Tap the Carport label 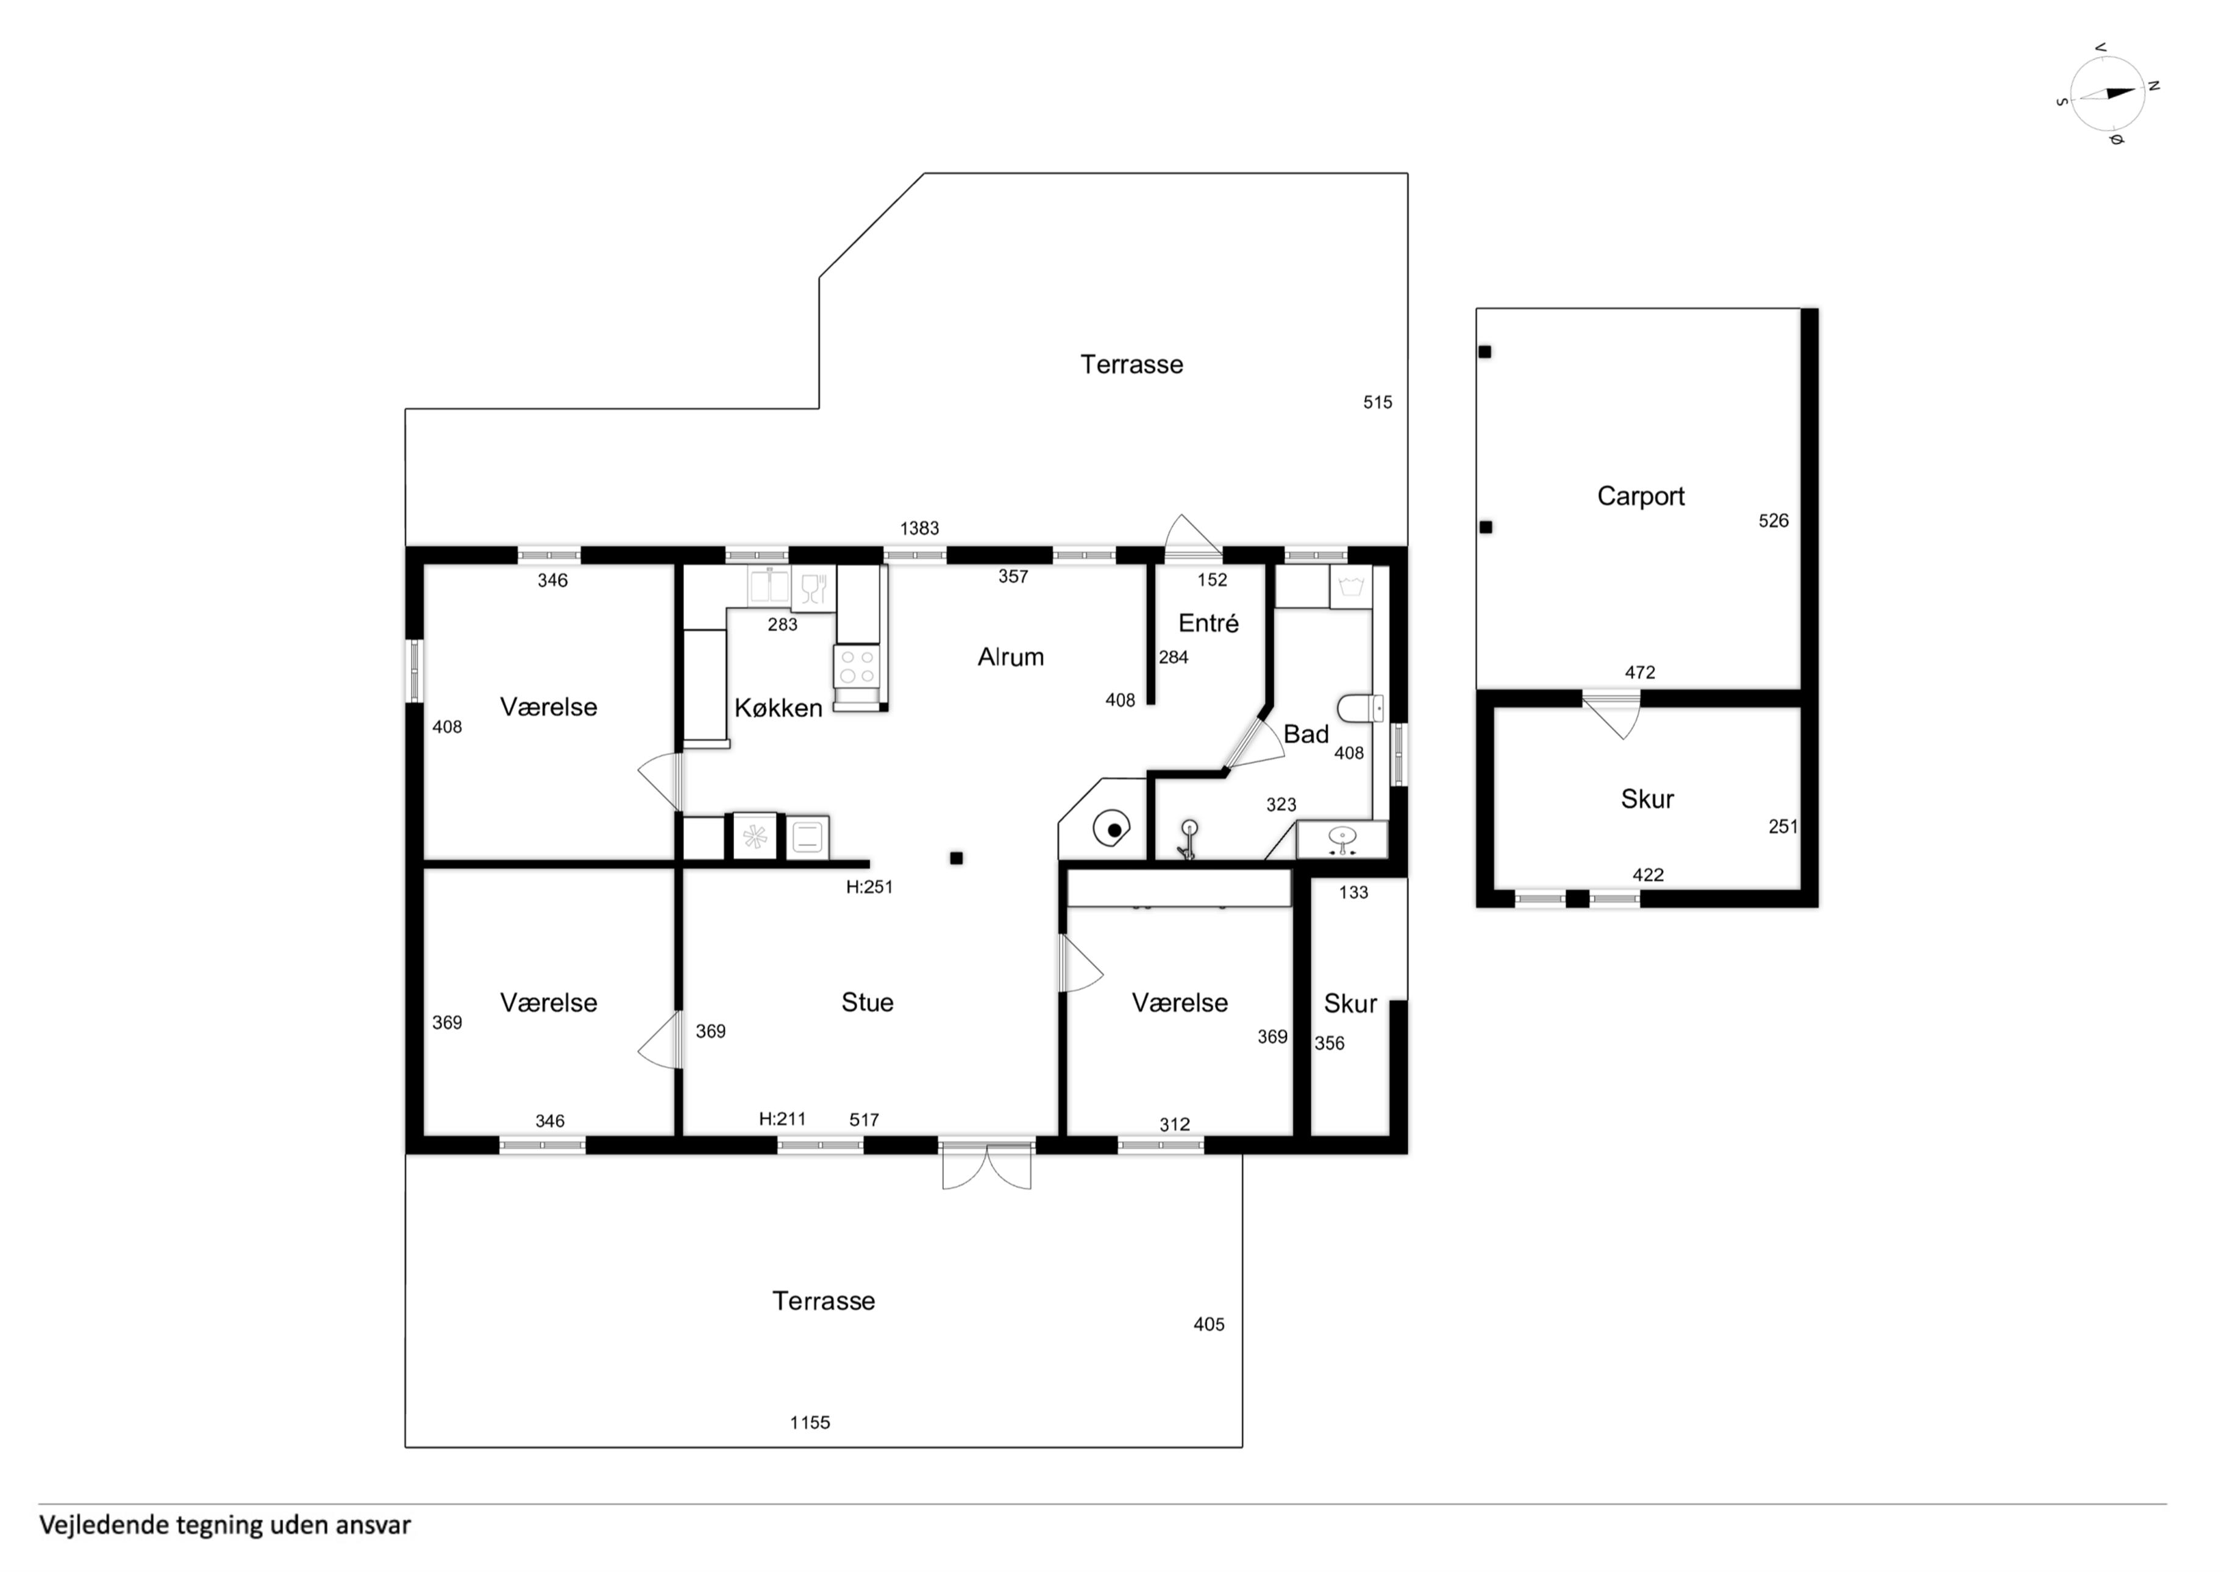pos(1641,496)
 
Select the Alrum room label pos(1010,656)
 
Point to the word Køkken pos(778,708)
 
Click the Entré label pos(1208,623)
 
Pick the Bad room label pos(1306,734)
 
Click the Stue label pos(867,1003)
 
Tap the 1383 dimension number pos(919,528)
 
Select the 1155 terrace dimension pos(810,1423)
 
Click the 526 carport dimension pos(1773,521)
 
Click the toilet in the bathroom pos(1360,708)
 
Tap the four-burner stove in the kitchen pos(857,666)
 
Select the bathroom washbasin pos(1342,838)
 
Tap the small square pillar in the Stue pos(956,858)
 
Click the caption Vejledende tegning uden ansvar pos(225,1526)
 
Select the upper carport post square pos(1485,352)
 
